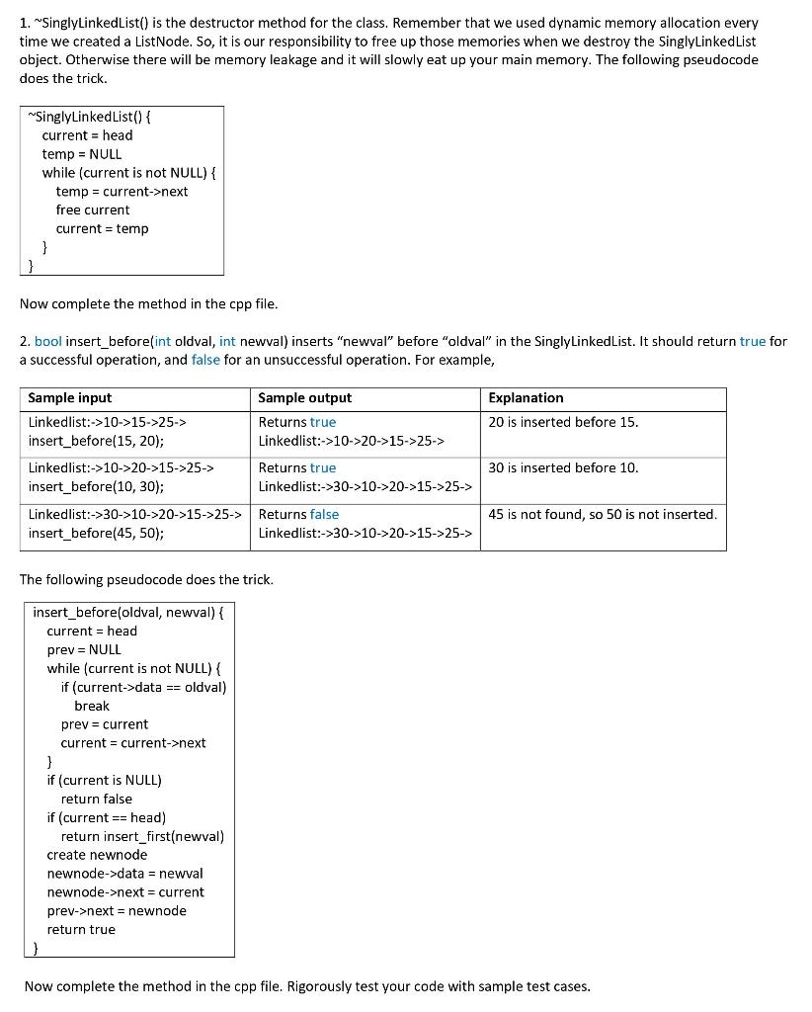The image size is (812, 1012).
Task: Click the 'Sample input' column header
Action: click(x=70, y=398)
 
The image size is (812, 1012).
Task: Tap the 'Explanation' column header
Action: click(x=526, y=398)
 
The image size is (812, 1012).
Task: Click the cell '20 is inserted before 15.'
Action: click(x=563, y=422)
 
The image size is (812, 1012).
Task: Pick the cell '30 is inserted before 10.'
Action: click(x=563, y=467)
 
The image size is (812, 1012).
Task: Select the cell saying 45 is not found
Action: click(x=603, y=514)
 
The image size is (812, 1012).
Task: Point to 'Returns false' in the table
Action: click(x=298, y=514)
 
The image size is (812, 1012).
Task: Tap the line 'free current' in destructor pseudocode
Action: click(x=93, y=210)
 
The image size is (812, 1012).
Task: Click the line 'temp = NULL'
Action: click(x=82, y=154)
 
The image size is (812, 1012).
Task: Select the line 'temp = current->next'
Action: click(x=122, y=191)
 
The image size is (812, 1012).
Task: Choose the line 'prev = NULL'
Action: click(x=84, y=649)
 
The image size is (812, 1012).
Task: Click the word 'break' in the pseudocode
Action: click(x=92, y=706)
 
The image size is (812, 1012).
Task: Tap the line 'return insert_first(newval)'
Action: click(x=142, y=836)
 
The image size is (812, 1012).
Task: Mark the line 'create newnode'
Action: click(x=97, y=855)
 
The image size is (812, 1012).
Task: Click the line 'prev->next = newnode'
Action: click(x=117, y=910)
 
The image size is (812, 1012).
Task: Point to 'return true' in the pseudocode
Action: click(x=81, y=929)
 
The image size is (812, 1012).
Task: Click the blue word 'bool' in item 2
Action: click(x=47, y=341)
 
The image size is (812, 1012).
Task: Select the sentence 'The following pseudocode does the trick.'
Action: click(x=146, y=579)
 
